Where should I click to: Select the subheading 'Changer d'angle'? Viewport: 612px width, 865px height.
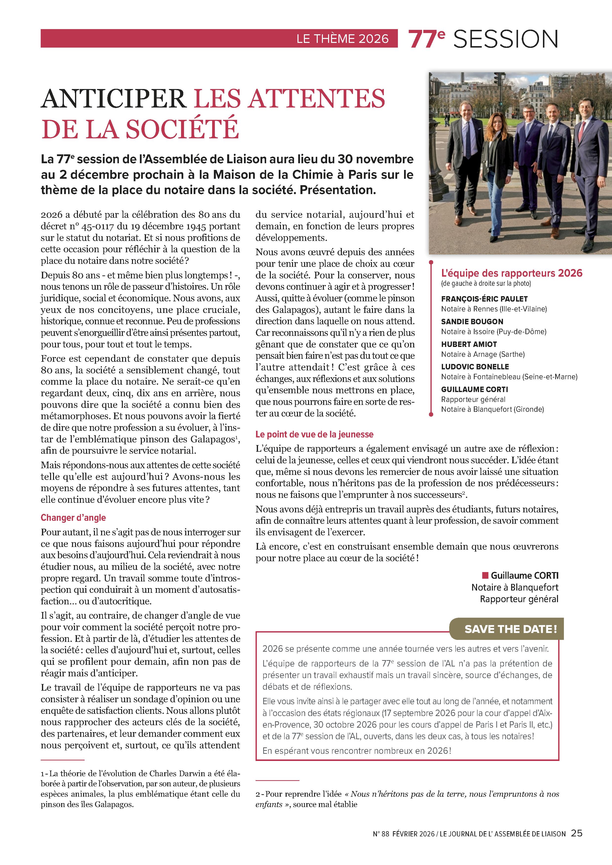click(73, 518)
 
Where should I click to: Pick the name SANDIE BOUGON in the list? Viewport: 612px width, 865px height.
click(472, 321)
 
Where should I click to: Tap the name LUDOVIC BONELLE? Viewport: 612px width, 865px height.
click(475, 367)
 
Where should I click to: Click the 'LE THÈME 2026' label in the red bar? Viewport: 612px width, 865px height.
click(342, 39)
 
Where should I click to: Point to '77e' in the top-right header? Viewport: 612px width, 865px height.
click(426, 39)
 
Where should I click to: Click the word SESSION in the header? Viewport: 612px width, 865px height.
click(505, 39)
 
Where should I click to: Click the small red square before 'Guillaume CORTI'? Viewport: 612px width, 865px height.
click(485, 575)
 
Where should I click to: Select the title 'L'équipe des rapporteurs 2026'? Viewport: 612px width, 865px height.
click(511, 273)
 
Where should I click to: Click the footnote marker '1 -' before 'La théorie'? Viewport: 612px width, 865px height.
click(44, 774)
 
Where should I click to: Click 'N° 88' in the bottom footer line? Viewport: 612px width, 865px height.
click(381, 834)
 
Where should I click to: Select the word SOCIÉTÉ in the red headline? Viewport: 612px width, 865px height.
click(182, 129)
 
